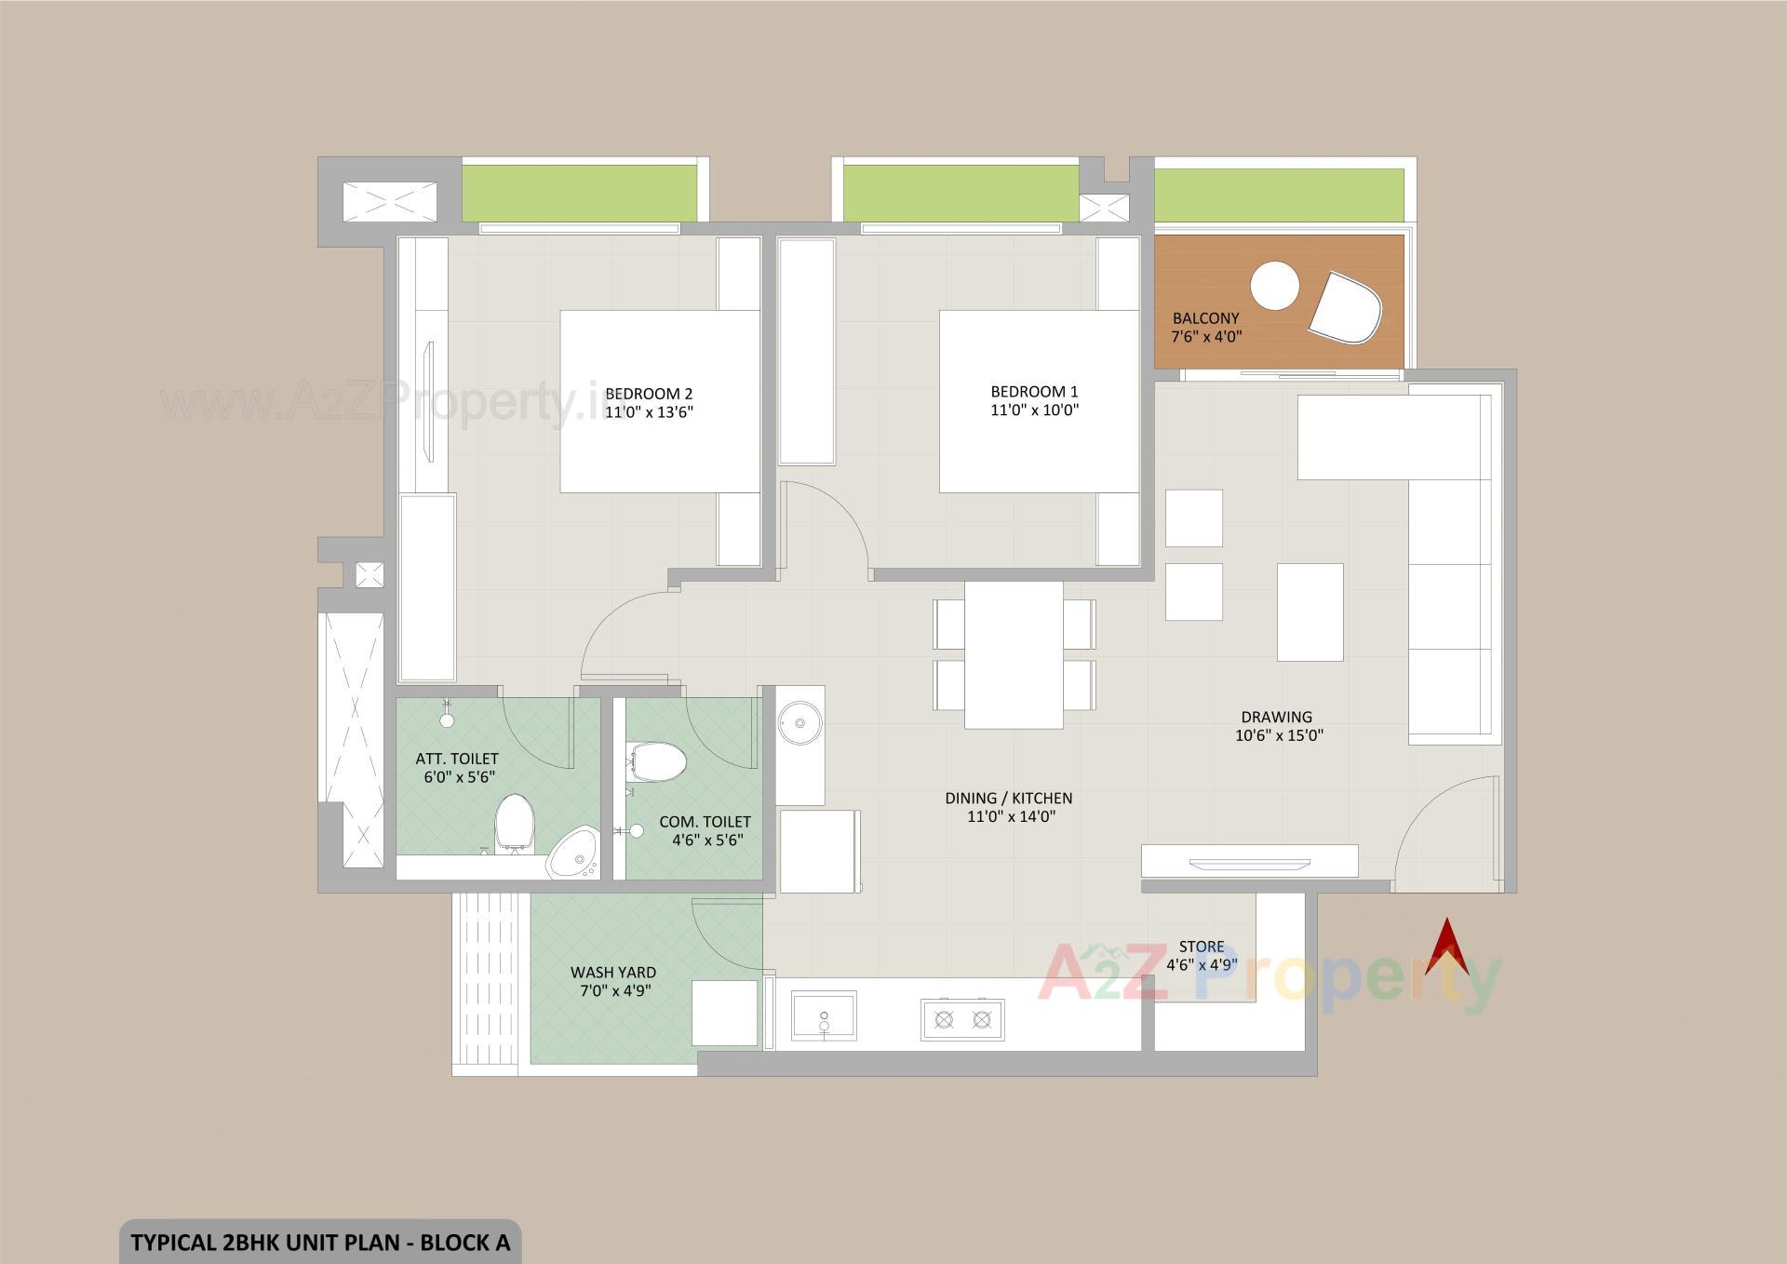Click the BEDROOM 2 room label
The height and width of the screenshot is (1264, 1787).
(649, 394)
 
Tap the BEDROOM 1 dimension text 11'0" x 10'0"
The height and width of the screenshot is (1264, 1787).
(1034, 410)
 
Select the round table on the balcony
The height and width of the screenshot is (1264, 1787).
(1274, 286)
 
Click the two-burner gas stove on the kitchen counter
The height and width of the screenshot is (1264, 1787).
(962, 1019)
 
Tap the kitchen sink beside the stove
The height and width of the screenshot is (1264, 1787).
(824, 1015)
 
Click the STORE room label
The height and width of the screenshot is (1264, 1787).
(1201, 947)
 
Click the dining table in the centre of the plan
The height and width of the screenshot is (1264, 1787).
(1014, 655)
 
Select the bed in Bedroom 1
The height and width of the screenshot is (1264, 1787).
(1039, 401)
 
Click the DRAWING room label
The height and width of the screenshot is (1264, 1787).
(1276, 717)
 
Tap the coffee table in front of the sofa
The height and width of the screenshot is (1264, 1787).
(1310, 612)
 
